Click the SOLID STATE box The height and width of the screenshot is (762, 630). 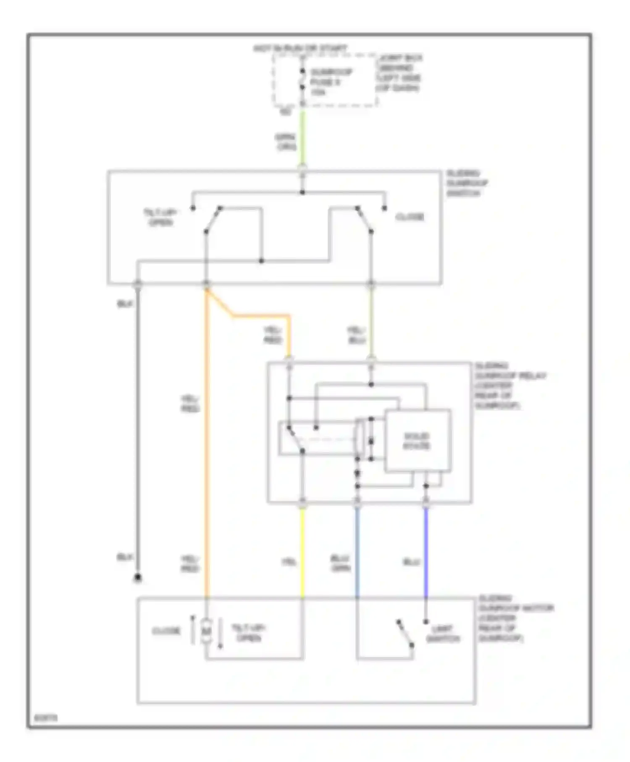pos(417,441)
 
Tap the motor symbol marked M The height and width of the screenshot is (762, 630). pos(206,631)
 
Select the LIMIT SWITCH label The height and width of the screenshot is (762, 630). pos(443,634)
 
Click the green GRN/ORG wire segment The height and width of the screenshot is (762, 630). pos(302,139)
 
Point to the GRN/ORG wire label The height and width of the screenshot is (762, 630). pos(286,142)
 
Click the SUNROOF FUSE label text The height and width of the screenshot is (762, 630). pos(331,82)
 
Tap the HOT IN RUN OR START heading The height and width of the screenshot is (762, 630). pos(300,49)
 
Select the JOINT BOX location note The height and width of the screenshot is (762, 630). pos(399,73)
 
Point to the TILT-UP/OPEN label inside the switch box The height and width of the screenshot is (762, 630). pos(160,217)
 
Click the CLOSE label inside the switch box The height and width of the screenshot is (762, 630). pos(409,217)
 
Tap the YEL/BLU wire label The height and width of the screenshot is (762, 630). pos(357,335)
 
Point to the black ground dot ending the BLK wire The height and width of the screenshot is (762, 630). pos(137,578)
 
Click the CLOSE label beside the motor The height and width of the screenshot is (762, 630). pos(166,631)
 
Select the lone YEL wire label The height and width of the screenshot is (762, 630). pos(289,562)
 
